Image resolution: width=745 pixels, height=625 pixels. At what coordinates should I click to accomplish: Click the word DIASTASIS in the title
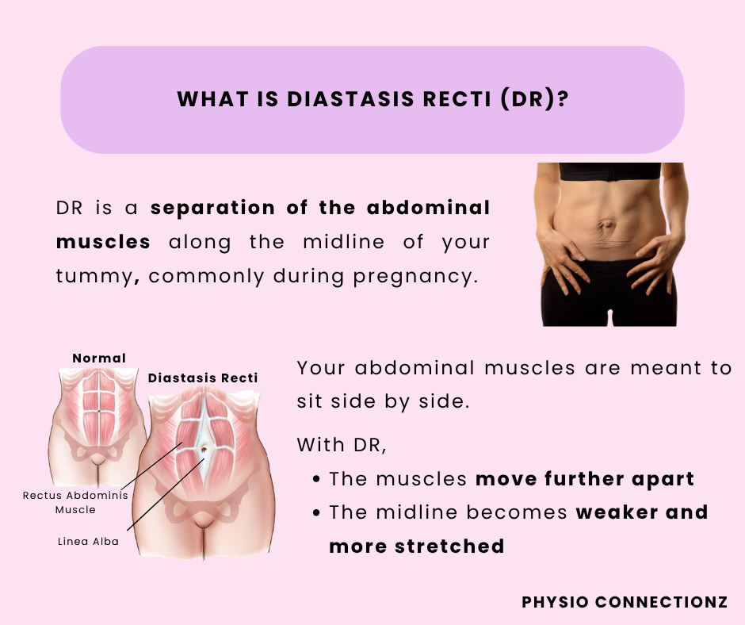point(350,99)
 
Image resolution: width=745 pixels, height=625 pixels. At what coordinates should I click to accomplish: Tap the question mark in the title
point(563,99)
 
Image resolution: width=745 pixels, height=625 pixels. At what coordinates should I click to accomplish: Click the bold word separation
point(213,209)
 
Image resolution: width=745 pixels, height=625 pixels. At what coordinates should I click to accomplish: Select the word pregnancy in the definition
point(415,277)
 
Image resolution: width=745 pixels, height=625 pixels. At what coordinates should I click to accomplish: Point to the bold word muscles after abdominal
point(103,242)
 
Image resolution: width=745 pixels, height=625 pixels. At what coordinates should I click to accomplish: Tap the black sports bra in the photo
point(610,171)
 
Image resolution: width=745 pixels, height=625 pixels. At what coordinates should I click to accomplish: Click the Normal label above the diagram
point(99,359)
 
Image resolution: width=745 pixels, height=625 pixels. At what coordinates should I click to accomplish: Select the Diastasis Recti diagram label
point(203,378)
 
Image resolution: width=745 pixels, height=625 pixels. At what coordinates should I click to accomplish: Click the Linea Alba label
point(89,541)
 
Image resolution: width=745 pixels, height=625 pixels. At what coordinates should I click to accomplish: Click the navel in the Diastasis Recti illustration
point(204,449)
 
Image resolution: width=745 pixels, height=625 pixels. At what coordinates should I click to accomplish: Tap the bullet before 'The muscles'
point(317,479)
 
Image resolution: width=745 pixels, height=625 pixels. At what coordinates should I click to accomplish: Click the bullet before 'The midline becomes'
point(317,512)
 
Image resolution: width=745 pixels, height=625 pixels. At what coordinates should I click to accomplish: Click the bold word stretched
point(449,546)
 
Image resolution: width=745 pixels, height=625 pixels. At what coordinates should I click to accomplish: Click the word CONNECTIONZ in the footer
point(661,602)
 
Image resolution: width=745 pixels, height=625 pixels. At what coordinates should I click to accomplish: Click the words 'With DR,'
point(342,445)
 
